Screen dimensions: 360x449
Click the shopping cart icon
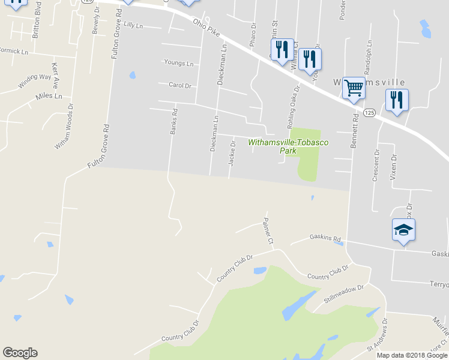coord(354,89)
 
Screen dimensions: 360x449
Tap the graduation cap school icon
coord(403,230)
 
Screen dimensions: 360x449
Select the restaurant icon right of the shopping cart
coord(396,100)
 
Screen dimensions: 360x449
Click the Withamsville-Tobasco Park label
coord(280,146)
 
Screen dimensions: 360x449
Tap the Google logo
coord(20,353)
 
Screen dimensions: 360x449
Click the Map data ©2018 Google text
coord(412,355)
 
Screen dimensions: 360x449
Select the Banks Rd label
coord(174,120)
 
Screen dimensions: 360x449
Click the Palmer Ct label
coord(267,232)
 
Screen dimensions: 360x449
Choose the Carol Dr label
coord(179,86)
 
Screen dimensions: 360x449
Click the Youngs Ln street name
coord(179,63)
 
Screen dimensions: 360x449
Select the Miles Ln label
coord(49,96)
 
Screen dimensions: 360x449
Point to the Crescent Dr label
coord(377,161)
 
